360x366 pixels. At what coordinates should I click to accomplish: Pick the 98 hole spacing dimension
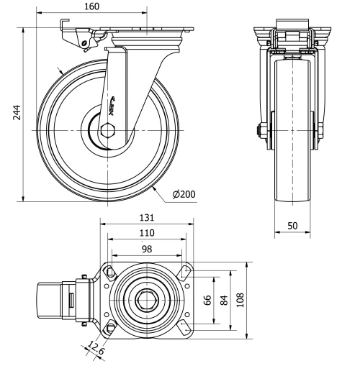(x=146, y=248)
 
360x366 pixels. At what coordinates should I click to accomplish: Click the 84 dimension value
(x=225, y=299)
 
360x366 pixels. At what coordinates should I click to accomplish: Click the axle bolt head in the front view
(x=257, y=131)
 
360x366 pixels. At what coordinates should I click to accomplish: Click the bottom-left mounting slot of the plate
(x=110, y=329)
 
